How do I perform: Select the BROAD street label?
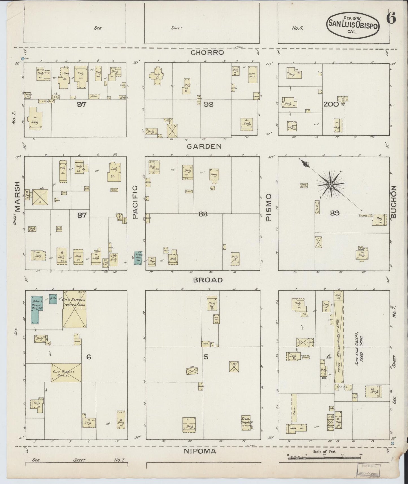pyautogui.click(x=208, y=280)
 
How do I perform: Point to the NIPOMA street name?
pyautogui.click(x=200, y=451)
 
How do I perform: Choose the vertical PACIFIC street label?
pyautogui.click(x=135, y=202)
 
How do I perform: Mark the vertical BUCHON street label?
pyautogui.click(x=394, y=202)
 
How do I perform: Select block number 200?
pyautogui.click(x=331, y=104)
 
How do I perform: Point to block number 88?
pyautogui.click(x=203, y=214)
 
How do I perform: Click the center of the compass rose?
pyautogui.click(x=330, y=184)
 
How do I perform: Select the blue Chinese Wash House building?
pyautogui.click(x=138, y=258)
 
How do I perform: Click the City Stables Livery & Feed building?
pyautogui.click(x=74, y=309)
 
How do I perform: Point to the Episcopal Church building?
pyautogui.click(x=247, y=422)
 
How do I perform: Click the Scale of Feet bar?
pyautogui.click(x=325, y=458)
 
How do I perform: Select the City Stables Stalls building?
pyautogui.click(x=66, y=373)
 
